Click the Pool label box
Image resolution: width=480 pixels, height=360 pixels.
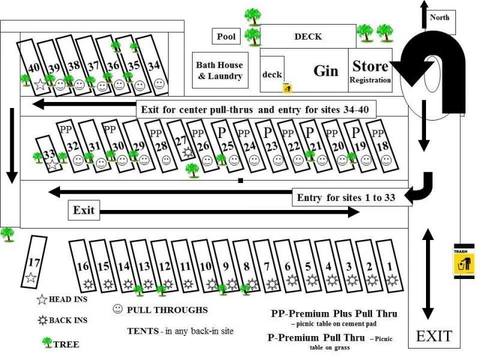tap(226, 37)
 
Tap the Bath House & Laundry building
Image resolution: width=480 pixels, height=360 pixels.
tap(220, 71)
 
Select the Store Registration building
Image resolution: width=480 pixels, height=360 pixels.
tap(370, 71)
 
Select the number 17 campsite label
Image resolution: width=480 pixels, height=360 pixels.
tap(34, 262)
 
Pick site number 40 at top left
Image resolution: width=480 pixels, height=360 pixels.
tap(34, 67)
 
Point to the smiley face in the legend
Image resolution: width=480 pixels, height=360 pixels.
tap(118, 310)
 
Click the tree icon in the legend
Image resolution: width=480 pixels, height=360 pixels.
tap(47, 343)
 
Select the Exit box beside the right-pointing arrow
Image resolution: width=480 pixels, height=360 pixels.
tap(83, 211)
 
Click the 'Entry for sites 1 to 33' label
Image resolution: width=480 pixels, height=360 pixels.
tap(346, 197)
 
